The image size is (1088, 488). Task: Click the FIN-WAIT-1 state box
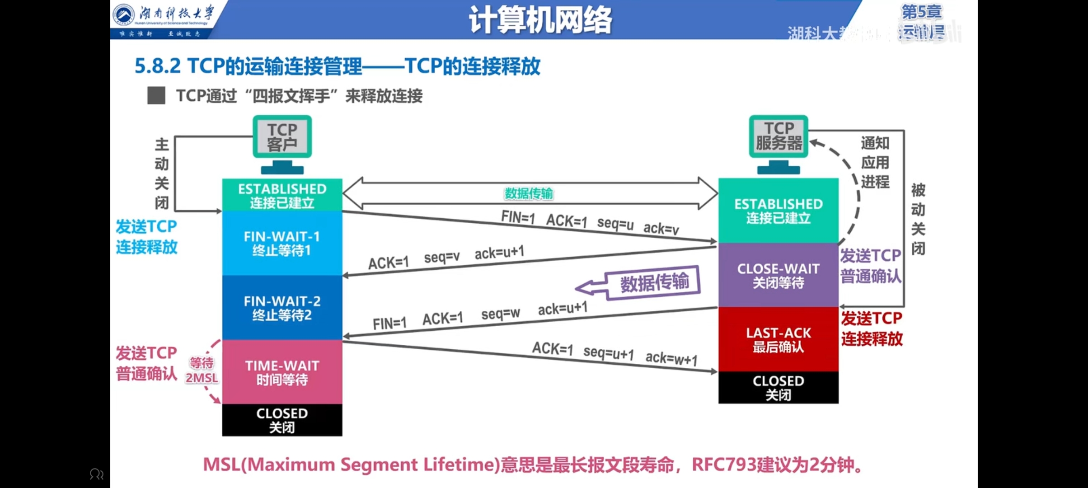click(x=282, y=243)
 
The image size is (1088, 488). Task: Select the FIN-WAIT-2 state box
click(x=282, y=308)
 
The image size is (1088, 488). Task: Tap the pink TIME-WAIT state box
click(x=282, y=372)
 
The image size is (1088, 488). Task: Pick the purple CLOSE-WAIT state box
click(x=778, y=275)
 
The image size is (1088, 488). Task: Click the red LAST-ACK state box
click(x=778, y=339)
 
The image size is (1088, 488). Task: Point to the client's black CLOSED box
click(x=282, y=420)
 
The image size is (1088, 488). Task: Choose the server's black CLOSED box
click(x=778, y=387)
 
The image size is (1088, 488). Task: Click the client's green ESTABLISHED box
click(x=282, y=195)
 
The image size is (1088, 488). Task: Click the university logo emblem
click(x=123, y=14)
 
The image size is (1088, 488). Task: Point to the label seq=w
click(x=501, y=313)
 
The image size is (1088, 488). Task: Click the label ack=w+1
click(x=671, y=358)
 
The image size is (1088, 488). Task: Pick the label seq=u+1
click(x=608, y=352)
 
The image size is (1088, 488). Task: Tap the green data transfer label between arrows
click(x=529, y=193)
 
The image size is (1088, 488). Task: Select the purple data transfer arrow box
click(x=653, y=282)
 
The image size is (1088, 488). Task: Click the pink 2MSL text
click(x=202, y=378)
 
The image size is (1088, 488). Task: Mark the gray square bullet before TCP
click(x=156, y=96)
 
